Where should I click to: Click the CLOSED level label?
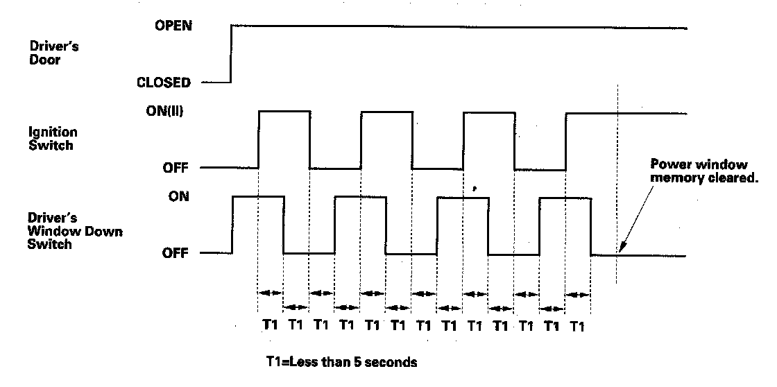(x=164, y=83)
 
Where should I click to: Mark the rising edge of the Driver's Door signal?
(x=231, y=54)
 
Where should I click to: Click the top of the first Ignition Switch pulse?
(x=284, y=111)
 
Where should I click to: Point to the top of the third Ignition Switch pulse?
(x=488, y=111)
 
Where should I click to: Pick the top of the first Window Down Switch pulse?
(x=258, y=197)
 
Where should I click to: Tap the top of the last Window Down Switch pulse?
(x=565, y=198)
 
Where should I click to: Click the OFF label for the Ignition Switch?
(x=176, y=168)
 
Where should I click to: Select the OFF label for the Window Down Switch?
(x=176, y=253)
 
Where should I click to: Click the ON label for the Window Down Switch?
(x=178, y=197)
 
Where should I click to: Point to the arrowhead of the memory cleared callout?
(x=620, y=250)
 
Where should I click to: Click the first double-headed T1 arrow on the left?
(x=271, y=293)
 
